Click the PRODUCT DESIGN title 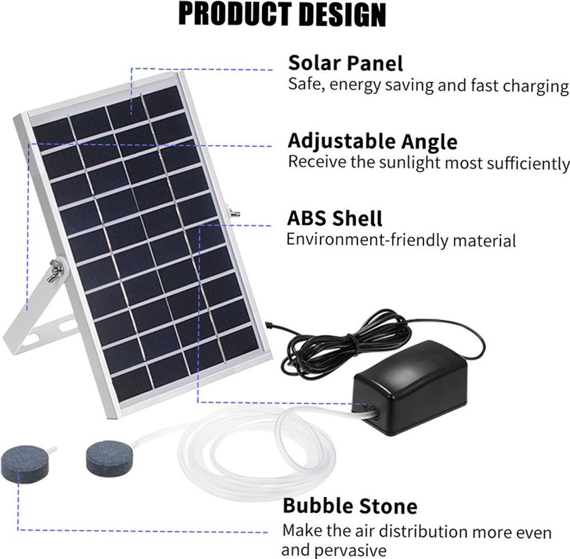pyautogui.click(x=282, y=15)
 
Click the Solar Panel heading pyautogui.click(x=345, y=63)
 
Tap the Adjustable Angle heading pyautogui.click(x=372, y=141)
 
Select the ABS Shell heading pyautogui.click(x=335, y=218)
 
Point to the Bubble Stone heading pyautogui.click(x=350, y=506)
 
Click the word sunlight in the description pyautogui.click(x=407, y=163)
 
